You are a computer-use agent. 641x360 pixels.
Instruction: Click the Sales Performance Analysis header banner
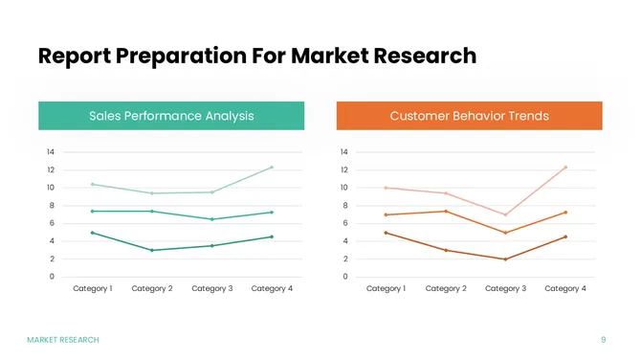tap(171, 116)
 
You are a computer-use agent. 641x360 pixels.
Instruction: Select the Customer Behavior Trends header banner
tap(469, 116)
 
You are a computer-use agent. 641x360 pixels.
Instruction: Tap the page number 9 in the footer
tap(603, 340)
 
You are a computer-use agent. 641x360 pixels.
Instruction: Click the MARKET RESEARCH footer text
tap(63, 340)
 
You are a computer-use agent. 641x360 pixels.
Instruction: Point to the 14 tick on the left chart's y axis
tap(50, 152)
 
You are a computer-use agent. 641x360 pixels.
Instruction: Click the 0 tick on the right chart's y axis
tap(344, 277)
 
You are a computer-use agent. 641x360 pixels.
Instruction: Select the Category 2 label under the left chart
tap(152, 288)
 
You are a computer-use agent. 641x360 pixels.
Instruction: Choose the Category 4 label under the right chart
tap(565, 288)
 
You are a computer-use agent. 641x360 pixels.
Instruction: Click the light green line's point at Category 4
tap(272, 168)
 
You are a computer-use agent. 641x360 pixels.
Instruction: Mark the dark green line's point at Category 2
tap(152, 250)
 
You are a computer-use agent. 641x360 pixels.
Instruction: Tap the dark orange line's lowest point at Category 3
tap(505, 259)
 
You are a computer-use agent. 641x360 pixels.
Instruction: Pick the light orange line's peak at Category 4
tap(565, 168)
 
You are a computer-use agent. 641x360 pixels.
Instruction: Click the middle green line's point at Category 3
tap(211, 219)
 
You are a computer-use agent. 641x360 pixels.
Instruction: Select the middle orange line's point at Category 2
tap(446, 212)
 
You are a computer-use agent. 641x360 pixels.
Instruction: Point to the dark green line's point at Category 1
tap(92, 233)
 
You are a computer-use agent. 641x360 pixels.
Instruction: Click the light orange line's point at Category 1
tap(386, 188)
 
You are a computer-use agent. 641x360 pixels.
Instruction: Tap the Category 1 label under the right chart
tap(386, 288)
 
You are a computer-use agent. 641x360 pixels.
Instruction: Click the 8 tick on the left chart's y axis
tap(50, 205)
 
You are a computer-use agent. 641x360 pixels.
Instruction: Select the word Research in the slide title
tap(423, 56)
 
